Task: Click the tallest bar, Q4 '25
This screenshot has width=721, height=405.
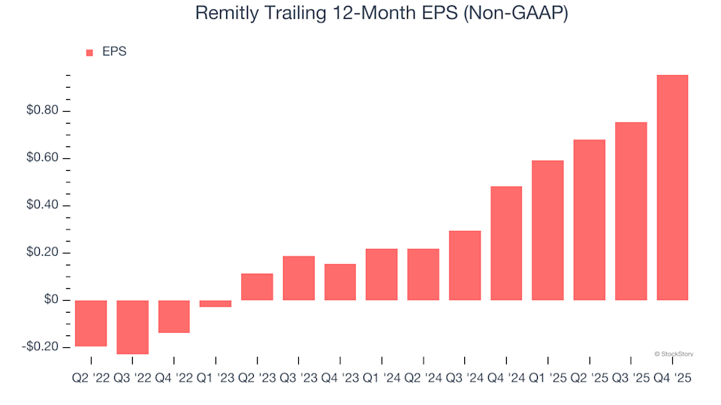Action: pyautogui.click(x=672, y=187)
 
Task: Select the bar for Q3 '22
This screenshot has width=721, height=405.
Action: pyautogui.click(x=132, y=327)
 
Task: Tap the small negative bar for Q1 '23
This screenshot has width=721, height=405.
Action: pyautogui.click(x=216, y=304)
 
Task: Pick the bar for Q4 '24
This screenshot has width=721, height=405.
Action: pyautogui.click(x=506, y=243)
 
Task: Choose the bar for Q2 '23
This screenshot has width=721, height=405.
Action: pyautogui.click(x=257, y=287)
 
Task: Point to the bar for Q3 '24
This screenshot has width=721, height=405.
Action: pyautogui.click(x=465, y=265)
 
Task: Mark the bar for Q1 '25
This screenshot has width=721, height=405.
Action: pyautogui.click(x=548, y=230)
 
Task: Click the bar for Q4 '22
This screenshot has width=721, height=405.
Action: pyautogui.click(x=173, y=316)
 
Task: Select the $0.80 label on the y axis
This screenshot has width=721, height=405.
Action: pyautogui.click(x=43, y=111)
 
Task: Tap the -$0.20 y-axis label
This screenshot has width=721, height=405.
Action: pyautogui.click(x=41, y=347)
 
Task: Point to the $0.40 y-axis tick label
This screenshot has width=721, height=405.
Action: pyautogui.click(x=43, y=205)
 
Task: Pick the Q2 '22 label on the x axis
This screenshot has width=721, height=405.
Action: pyautogui.click(x=91, y=379)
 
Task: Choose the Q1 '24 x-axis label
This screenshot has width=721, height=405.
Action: pyautogui.click(x=382, y=379)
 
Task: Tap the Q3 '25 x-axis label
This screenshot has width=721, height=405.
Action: pyautogui.click(x=631, y=379)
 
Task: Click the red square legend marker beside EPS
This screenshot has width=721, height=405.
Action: pyautogui.click(x=90, y=52)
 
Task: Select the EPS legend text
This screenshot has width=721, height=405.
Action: pyautogui.click(x=114, y=52)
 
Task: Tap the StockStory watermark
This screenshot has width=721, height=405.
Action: pyautogui.click(x=674, y=353)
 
